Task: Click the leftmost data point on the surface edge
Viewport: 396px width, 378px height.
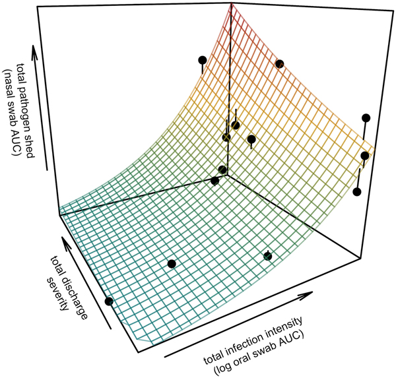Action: point(109,301)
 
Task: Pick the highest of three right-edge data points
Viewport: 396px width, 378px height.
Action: point(366,118)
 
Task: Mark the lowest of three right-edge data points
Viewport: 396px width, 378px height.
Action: point(358,192)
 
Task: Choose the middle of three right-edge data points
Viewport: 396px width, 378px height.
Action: point(365,156)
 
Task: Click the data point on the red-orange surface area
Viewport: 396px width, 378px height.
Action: point(280,63)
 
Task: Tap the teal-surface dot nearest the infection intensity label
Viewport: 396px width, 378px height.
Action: point(268,256)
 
